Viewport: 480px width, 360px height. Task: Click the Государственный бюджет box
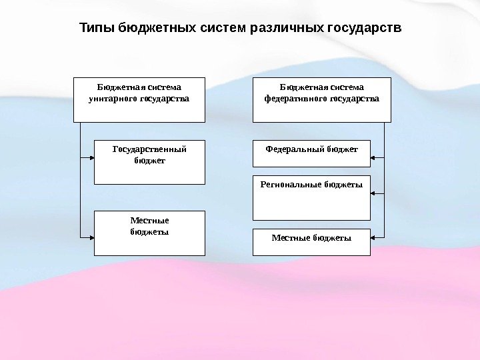click(x=149, y=162)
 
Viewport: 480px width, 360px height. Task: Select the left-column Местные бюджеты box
click(x=149, y=233)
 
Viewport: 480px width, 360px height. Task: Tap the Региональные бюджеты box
click(x=311, y=197)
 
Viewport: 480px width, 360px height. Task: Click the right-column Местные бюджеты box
click(x=311, y=242)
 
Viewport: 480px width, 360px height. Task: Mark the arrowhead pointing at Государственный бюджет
click(x=91, y=158)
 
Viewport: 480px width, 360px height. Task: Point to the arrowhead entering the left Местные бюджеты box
click(x=91, y=236)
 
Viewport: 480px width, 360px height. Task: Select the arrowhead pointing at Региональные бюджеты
click(x=373, y=193)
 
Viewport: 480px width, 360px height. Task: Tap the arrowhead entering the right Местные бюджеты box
click(x=373, y=236)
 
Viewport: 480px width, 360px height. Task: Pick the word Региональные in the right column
click(x=287, y=184)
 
